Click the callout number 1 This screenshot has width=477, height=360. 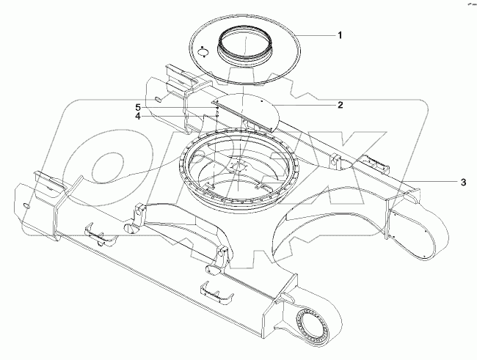tap(340, 34)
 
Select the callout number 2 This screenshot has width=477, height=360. tap(340, 105)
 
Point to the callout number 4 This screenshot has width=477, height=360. tap(139, 115)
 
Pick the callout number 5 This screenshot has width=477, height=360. tap(139, 107)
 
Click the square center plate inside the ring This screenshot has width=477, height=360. tap(240, 168)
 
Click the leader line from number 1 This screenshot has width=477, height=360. tap(315, 35)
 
